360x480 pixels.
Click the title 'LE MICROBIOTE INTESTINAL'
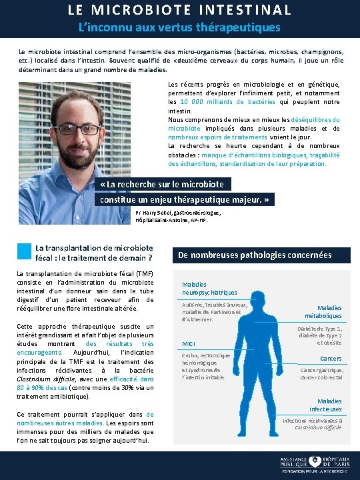click(x=179, y=10)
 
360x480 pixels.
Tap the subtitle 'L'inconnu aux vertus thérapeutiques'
click(x=179, y=27)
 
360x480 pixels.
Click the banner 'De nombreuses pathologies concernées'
click(x=254, y=255)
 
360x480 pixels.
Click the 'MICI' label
click(x=189, y=344)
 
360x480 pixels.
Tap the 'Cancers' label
click(x=331, y=359)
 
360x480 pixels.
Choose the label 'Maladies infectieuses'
click(x=325, y=405)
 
